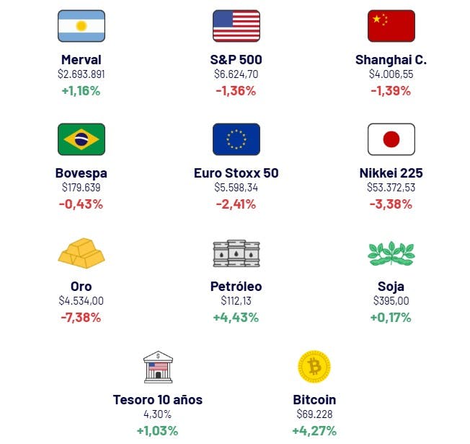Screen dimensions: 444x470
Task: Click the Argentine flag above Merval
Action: click(81, 26)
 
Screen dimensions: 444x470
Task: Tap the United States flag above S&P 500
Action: click(236, 26)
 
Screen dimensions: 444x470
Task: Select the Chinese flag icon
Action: click(391, 26)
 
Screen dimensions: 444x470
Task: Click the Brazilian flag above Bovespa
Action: click(81, 139)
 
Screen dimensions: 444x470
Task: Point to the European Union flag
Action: click(236, 139)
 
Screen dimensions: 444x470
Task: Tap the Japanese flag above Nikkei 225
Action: click(391, 139)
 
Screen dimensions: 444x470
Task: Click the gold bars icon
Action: click(81, 253)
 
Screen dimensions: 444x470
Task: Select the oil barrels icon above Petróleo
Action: click(236, 253)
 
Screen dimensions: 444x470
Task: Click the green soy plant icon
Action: click(391, 253)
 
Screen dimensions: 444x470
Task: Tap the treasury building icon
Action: click(158, 367)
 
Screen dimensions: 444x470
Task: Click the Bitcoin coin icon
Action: click(314, 367)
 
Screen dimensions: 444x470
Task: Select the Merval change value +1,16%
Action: click(81, 91)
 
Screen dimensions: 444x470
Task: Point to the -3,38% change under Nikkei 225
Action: click(391, 204)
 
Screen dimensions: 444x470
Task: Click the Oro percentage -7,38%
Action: click(81, 318)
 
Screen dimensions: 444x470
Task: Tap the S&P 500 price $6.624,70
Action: click(236, 74)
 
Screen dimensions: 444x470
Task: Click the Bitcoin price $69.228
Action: click(314, 414)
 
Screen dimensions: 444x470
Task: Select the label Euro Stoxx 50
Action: click(236, 173)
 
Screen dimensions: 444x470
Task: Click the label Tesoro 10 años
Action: click(158, 400)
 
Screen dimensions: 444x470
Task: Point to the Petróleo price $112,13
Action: click(236, 301)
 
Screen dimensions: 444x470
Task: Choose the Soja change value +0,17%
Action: click(391, 318)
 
